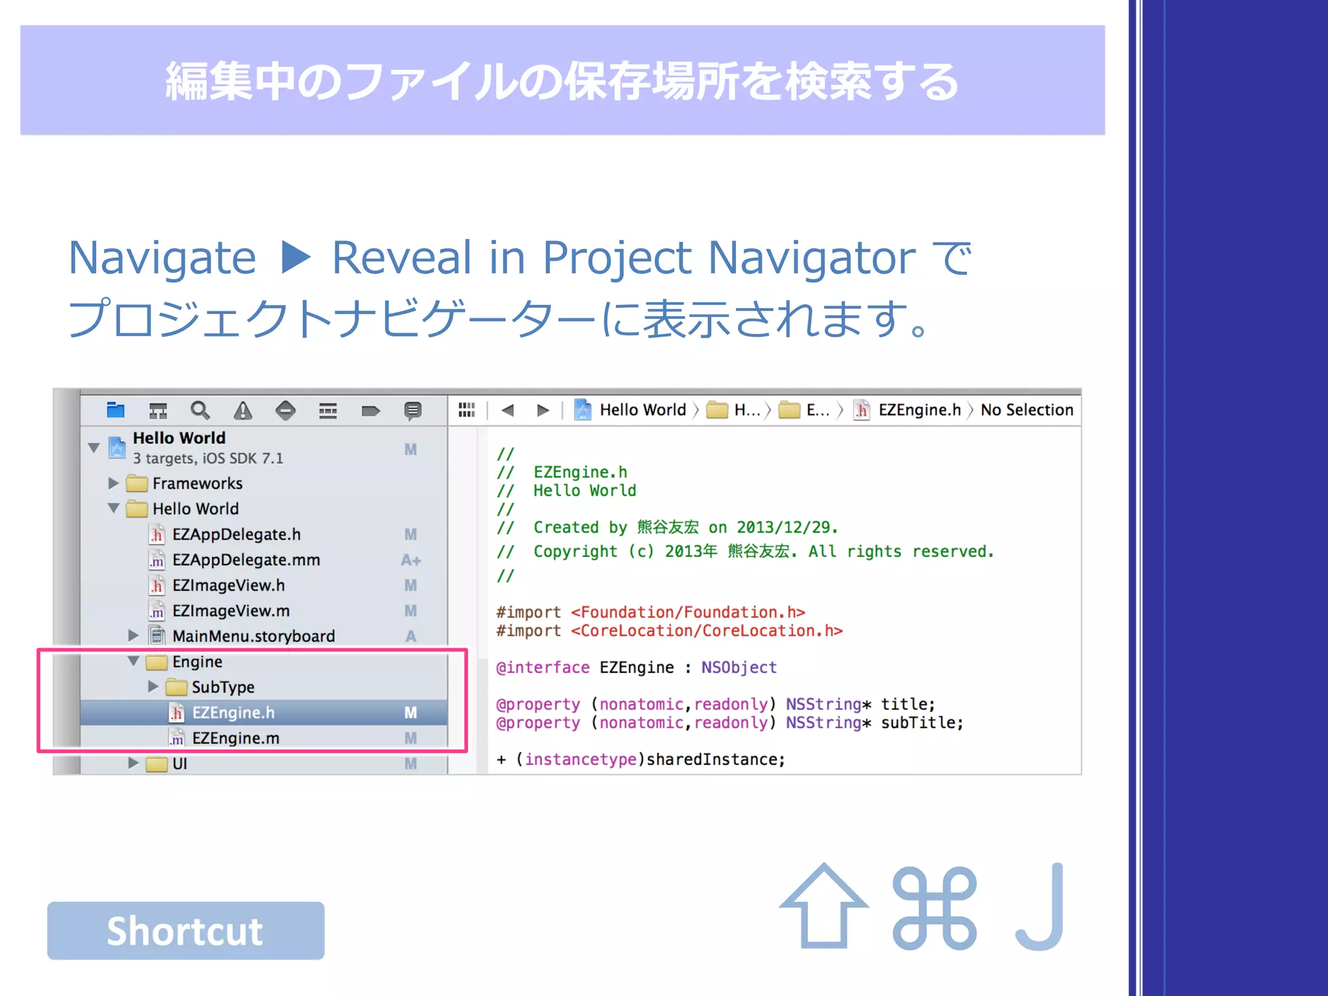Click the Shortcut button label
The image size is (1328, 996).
(185, 931)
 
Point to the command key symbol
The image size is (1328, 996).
(934, 908)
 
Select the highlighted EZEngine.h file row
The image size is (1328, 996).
(233, 713)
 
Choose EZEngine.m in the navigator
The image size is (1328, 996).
(235, 738)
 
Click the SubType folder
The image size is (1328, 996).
(222, 687)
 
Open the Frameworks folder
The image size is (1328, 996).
(197, 483)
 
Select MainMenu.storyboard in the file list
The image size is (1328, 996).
(253, 636)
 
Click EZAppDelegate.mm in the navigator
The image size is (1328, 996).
(246, 560)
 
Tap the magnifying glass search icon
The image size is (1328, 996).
(200, 410)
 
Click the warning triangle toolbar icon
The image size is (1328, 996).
(243, 410)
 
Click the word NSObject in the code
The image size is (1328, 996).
(739, 667)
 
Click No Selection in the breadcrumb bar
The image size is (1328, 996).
(1026, 410)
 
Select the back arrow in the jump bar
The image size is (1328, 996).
(508, 410)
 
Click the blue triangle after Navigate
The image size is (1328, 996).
(296, 257)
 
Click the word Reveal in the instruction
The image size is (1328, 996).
(401, 257)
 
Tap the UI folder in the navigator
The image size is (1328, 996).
(180, 763)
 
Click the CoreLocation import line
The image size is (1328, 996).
(669, 631)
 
